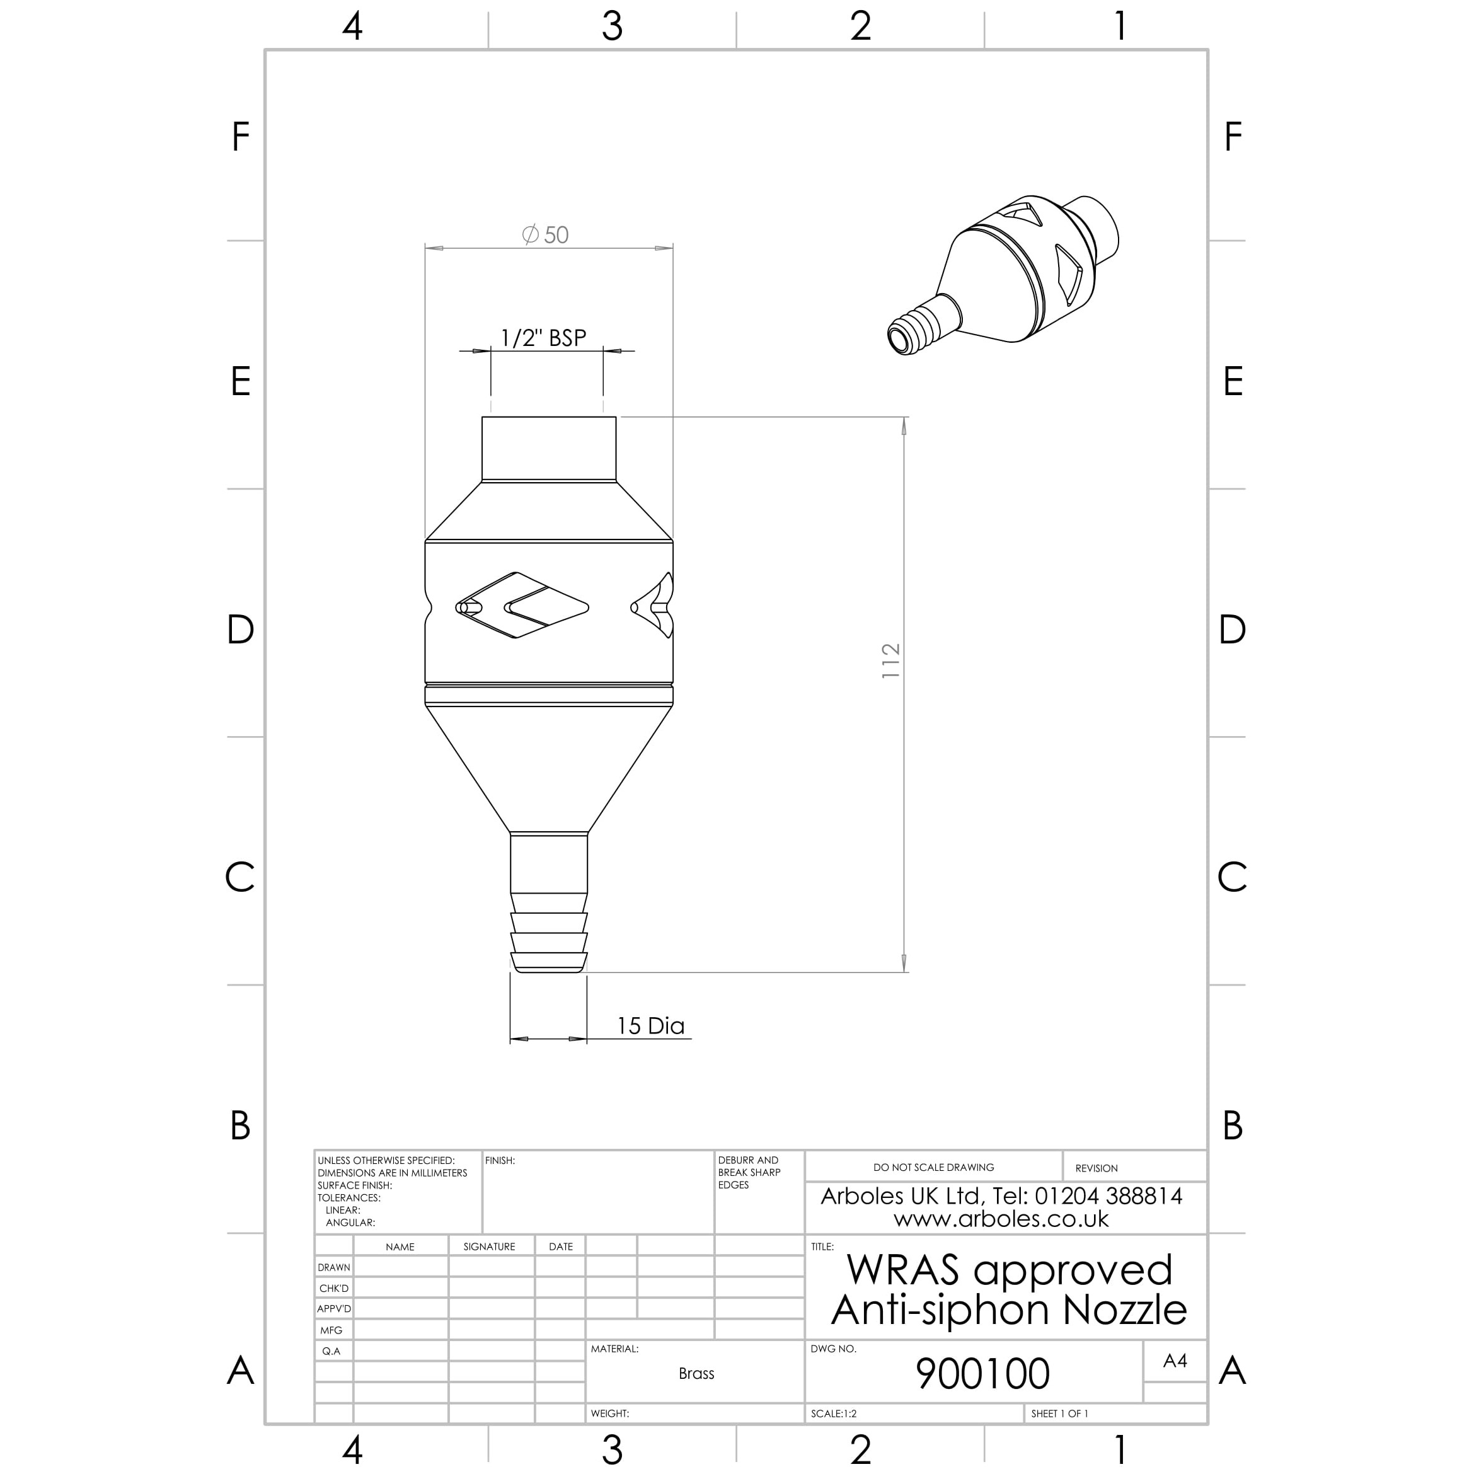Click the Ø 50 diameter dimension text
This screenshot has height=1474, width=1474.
pos(546,234)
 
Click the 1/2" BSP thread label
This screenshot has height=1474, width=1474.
pos(543,338)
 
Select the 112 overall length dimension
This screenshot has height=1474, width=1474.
pos(890,660)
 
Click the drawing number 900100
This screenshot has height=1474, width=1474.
pos(982,1373)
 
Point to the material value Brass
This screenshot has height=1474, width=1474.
pos(696,1373)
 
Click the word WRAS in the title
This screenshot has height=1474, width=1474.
pos(902,1270)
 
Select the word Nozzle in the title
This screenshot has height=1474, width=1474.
pos(1125,1310)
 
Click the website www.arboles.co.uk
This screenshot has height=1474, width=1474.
pos(1001,1218)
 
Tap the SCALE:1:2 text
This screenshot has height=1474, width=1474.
pos(833,1414)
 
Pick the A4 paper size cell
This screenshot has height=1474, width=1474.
pos(1174,1361)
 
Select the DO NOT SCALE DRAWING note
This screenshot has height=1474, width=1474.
pos(933,1167)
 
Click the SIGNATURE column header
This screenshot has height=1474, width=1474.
pos(489,1247)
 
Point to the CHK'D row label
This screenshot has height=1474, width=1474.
pos(333,1289)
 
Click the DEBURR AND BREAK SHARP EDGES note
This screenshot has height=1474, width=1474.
pos(749,1173)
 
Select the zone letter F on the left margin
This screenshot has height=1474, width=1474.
pos(240,137)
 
